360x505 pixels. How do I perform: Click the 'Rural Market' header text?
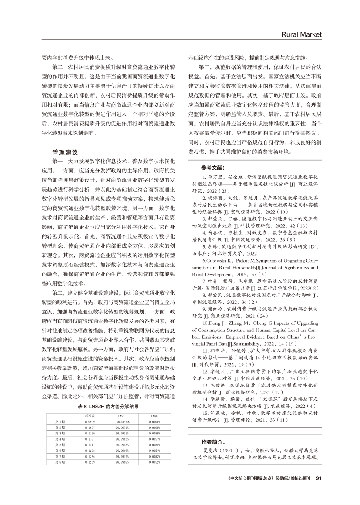click(x=301, y=34)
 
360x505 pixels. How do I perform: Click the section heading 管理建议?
click(x=65, y=152)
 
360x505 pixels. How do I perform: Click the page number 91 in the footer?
click(x=318, y=478)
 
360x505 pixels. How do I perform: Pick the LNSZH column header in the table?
click(x=121, y=417)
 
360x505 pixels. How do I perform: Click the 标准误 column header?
click(x=90, y=417)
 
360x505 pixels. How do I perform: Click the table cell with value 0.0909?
click(x=90, y=422)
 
